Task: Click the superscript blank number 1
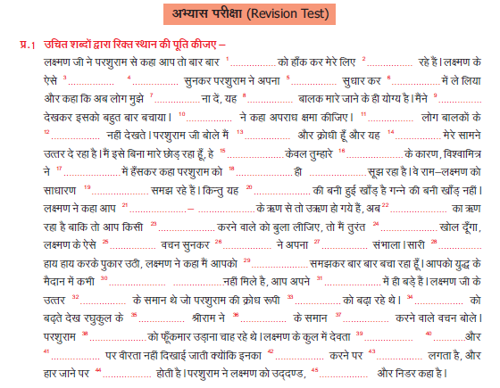229,60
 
